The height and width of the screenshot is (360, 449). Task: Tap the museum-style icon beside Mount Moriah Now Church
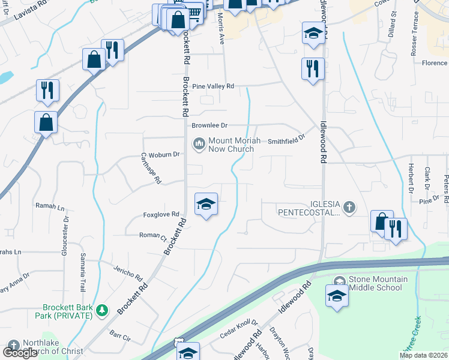click(198, 144)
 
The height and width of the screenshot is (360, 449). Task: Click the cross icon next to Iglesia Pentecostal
click(350, 208)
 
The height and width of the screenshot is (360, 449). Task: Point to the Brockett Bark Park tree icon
click(102, 310)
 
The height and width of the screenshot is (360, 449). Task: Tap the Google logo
click(20, 353)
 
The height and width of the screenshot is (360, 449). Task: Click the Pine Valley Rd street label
click(212, 86)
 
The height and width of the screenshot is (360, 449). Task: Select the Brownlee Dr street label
click(209, 125)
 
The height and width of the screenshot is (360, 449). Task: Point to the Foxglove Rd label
click(161, 214)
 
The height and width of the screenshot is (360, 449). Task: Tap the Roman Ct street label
click(152, 236)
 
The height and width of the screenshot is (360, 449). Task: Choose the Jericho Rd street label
click(130, 273)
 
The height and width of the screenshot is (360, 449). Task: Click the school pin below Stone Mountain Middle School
click(337, 296)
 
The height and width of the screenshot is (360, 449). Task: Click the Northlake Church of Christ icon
click(13, 346)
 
